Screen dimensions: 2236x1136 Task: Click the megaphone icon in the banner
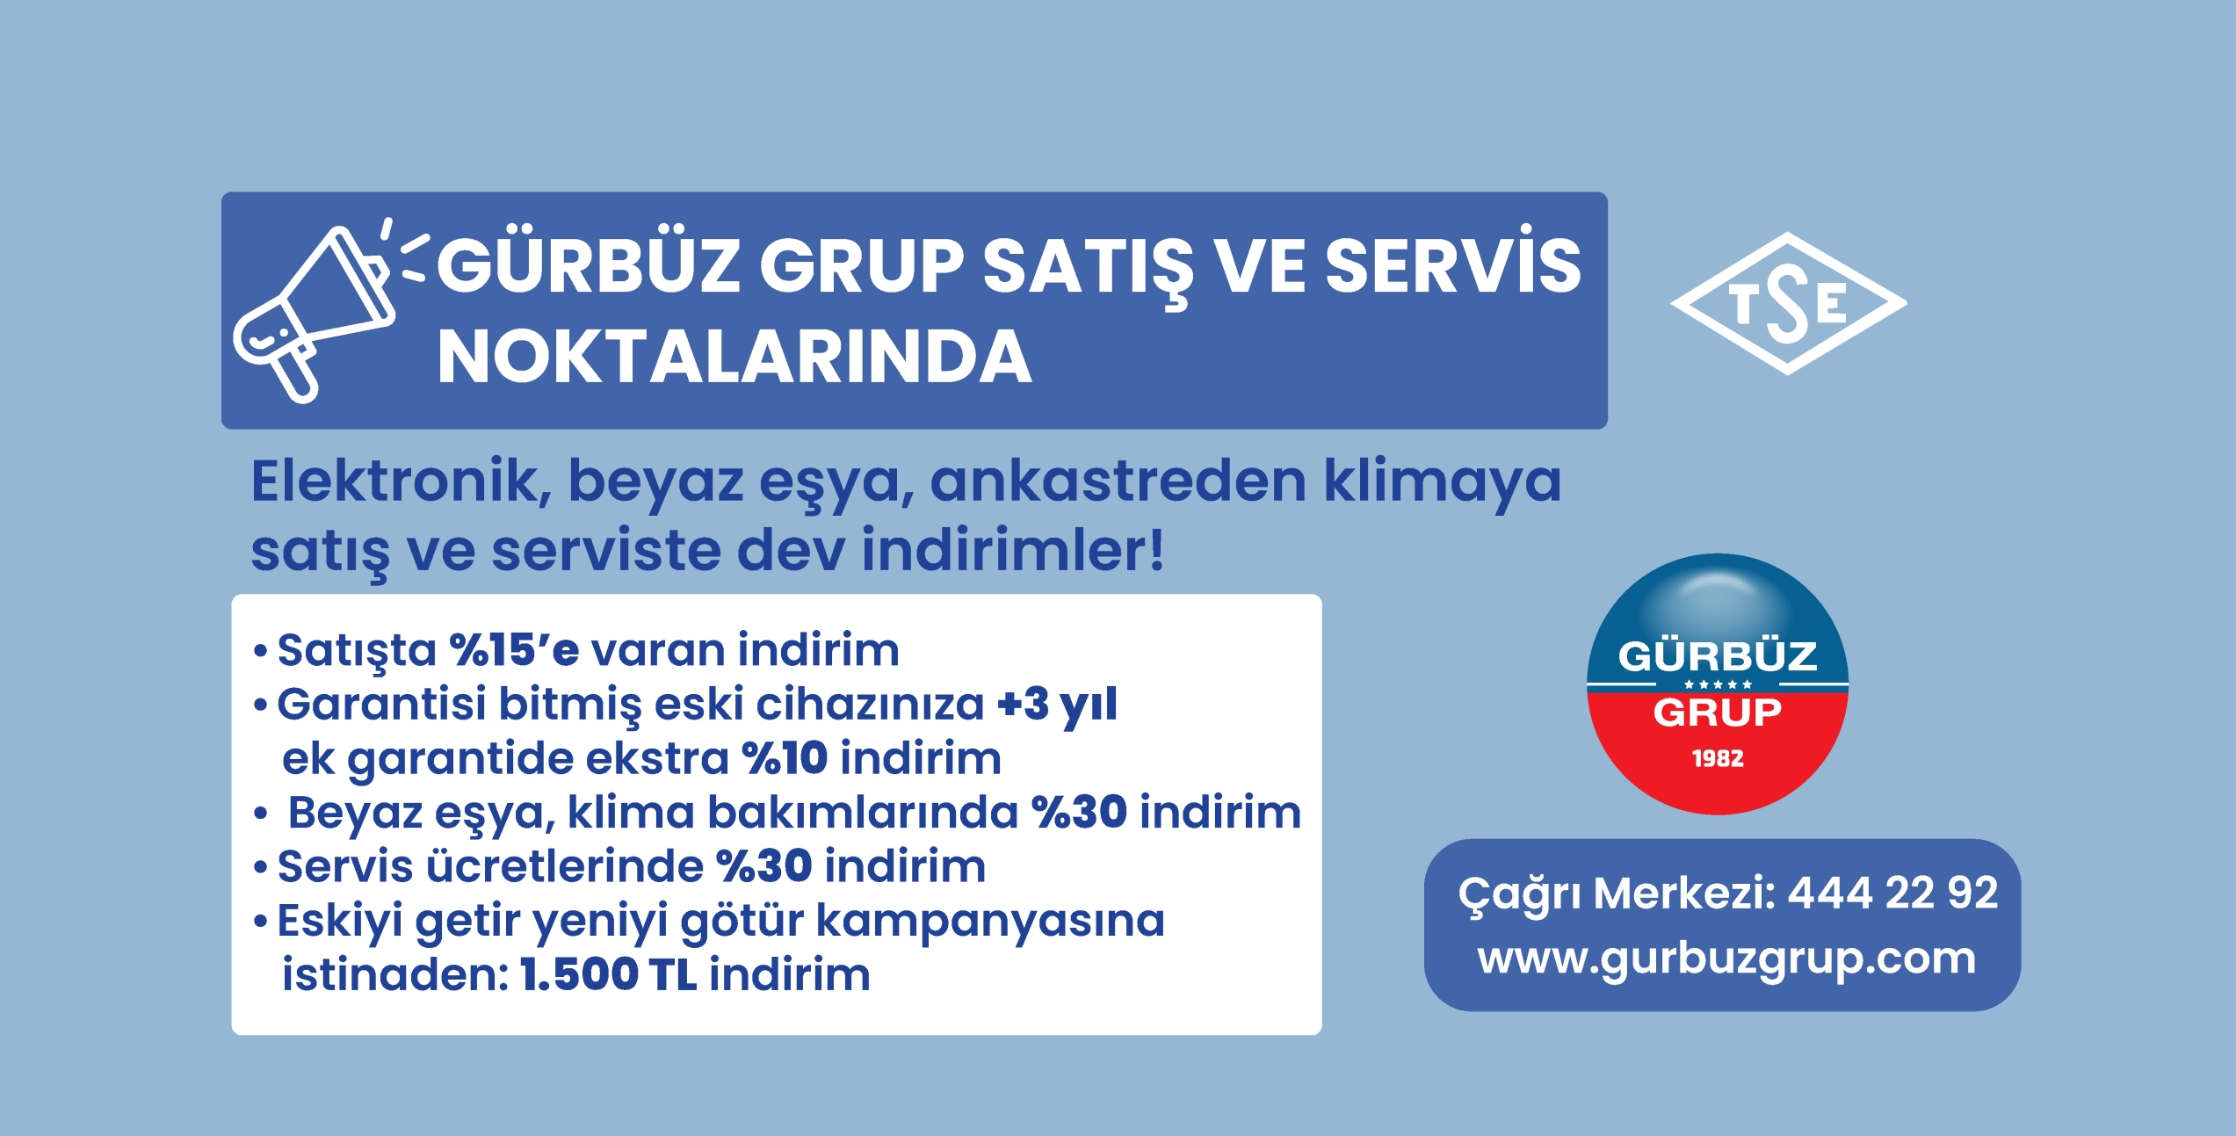click(x=312, y=312)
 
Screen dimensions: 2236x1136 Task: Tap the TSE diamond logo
click(x=1789, y=303)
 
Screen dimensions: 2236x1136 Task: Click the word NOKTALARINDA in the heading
click(x=734, y=358)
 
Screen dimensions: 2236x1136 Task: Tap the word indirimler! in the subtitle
click(x=1013, y=549)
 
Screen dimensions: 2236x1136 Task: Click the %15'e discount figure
click(x=514, y=649)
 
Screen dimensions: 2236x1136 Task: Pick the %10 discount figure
click(x=785, y=757)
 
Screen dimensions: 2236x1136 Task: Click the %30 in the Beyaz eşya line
click(x=1079, y=812)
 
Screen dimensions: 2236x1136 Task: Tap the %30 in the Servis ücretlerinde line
click(x=763, y=866)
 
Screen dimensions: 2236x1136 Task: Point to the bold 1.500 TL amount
click(x=609, y=974)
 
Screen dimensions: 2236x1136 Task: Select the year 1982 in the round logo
click(x=1718, y=758)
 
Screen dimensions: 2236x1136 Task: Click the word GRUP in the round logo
click(x=1718, y=713)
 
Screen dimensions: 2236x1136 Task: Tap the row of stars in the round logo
click(x=1718, y=684)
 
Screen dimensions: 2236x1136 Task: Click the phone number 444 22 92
click(x=1893, y=894)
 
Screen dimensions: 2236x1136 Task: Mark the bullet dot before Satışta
click(x=260, y=652)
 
